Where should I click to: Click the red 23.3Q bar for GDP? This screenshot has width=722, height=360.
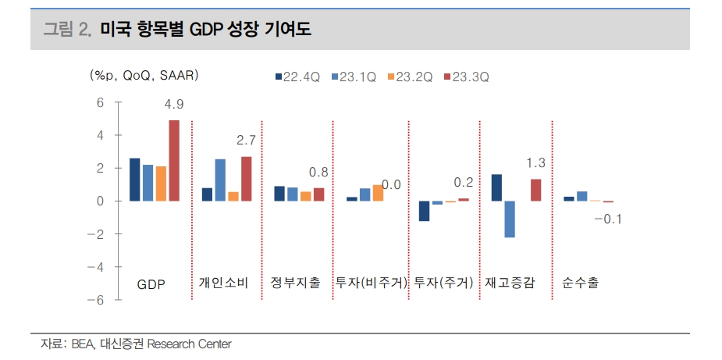pos(174,160)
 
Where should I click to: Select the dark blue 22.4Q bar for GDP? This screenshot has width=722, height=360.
pos(134,180)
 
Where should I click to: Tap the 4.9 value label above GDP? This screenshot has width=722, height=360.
pos(174,104)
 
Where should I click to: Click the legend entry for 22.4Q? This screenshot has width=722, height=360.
pos(297,77)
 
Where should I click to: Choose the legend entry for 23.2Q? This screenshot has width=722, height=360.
pos(410,77)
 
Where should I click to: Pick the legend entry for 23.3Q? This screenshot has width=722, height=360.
pos(466,77)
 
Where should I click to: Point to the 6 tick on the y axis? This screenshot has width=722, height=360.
pos(100,102)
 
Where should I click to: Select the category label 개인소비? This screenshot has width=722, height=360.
pos(224,283)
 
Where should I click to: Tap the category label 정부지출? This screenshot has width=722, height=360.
pos(295,283)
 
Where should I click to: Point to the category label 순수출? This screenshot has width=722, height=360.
pos(581,283)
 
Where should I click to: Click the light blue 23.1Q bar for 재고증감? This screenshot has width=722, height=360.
pos(509,219)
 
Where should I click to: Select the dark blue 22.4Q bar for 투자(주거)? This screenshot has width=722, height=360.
pos(425,211)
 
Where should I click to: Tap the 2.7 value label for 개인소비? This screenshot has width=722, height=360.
pos(246,141)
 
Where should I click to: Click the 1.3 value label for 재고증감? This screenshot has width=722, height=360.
pos(535,163)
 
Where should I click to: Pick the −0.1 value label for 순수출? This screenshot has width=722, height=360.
pos(607,219)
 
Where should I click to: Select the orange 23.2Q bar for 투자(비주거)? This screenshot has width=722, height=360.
pos(378,193)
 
